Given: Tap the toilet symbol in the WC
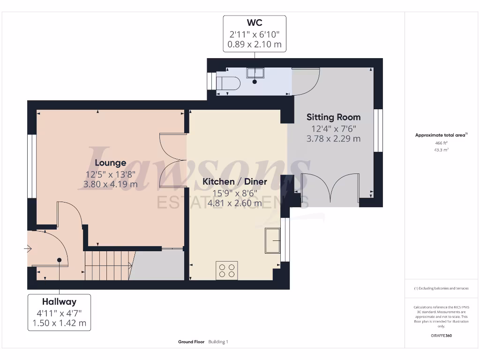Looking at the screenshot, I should pyautogui.click(x=229, y=83).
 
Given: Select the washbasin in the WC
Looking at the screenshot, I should pyautogui.click(x=255, y=73).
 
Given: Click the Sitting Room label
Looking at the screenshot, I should pyautogui.click(x=333, y=117).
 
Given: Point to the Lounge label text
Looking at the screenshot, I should pyautogui.click(x=110, y=163).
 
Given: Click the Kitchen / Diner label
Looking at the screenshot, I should pyautogui.click(x=234, y=181).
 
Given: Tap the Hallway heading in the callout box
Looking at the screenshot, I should pyautogui.click(x=59, y=301).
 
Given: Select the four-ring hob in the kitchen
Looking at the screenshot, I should pyautogui.click(x=226, y=270).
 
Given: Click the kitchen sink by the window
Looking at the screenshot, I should pyautogui.click(x=272, y=240).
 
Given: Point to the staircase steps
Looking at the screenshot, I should pyautogui.click(x=107, y=265).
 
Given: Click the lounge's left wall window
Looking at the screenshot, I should pyautogui.click(x=32, y=166).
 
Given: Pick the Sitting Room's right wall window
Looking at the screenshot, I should pyautogui.click(x=378, y=130).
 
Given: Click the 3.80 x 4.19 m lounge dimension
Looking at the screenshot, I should pyautogui.click(x=110, y=184).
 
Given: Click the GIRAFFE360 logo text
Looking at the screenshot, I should pyautogui.click(x=442, y=336).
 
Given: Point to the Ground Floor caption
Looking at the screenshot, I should pyautogui.click(x=191, y=342).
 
